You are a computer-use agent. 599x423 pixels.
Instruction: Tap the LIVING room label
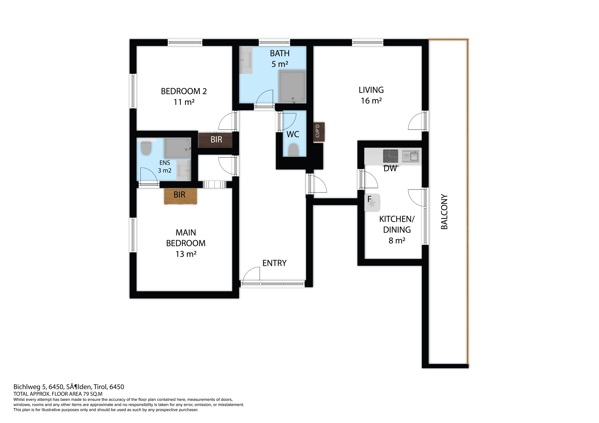tap(371, 90)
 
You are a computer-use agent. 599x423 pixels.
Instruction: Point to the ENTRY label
tap(274, 263)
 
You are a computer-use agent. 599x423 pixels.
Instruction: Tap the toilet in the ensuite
tap(146, 149)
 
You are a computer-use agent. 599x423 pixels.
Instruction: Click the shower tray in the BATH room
tap(292, 87)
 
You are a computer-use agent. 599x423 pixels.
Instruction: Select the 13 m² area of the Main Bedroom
tap(186, 254)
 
